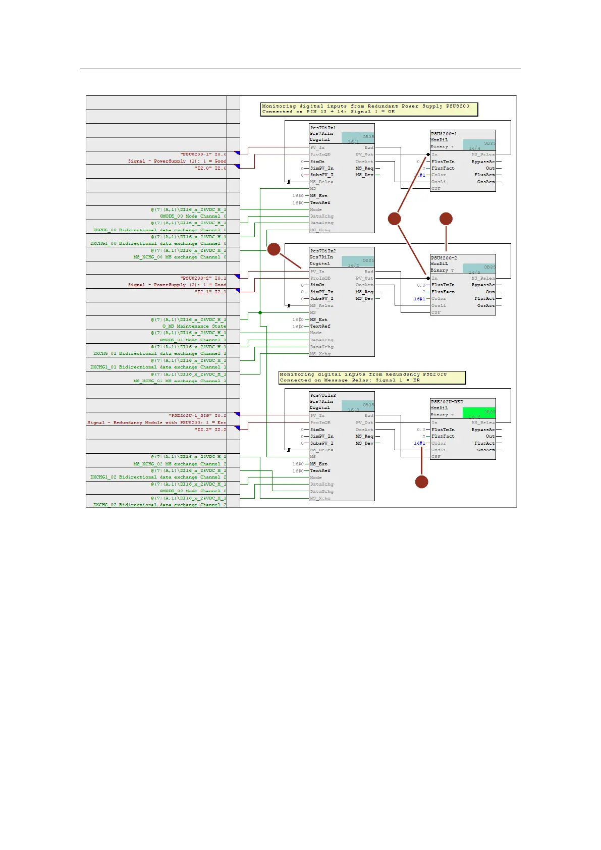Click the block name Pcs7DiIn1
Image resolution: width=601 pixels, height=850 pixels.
pyautogui.click(x=323, y=128)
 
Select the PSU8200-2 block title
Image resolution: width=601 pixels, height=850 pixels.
pyautogui.click(x=444, y=258)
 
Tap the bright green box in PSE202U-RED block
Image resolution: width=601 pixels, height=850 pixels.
pyautogui.click(x=479, y=412)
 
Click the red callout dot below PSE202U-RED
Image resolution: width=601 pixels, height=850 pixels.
pyautogui.click(x=421, y=482)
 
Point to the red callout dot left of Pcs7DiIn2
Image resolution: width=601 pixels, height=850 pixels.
pyautogui.click(x=274, y=249)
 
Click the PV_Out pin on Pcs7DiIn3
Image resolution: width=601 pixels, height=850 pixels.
pyautogui.click(x=364, y=422)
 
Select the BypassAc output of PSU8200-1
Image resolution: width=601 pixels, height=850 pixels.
pyautogui.click(x=483, y=162)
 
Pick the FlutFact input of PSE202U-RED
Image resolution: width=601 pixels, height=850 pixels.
pyautogui.click(x=443, y=436)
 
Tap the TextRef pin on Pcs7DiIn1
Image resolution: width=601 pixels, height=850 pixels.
pyautogui.click(x=320, y=202)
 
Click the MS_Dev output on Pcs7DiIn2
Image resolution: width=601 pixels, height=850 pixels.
pyautogui.click(x=364, y=299)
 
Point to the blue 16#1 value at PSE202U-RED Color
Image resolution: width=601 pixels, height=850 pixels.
pyautogui.click(x=419, y=443)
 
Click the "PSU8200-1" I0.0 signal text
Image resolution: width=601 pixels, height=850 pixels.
pyautogui.click(x=203, y=154)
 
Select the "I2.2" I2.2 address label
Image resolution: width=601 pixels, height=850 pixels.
pyautogui.click(x=210, y=430)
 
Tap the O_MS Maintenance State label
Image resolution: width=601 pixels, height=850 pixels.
pyautogui.click(x=194, y=326)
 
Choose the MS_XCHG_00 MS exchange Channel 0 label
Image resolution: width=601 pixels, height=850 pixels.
pyautogui.click(x=180, y=257)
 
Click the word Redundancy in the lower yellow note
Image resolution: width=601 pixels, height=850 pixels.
pyautogui.click(x=402, y=375)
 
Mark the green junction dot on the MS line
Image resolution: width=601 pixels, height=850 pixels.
pyautogui.click(x=260, y=312)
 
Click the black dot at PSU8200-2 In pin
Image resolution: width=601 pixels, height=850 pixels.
pyautogui.click(x=428, y=278)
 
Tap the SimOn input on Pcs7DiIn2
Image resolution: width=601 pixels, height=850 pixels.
pyautogui.click(x=317, y=285)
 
